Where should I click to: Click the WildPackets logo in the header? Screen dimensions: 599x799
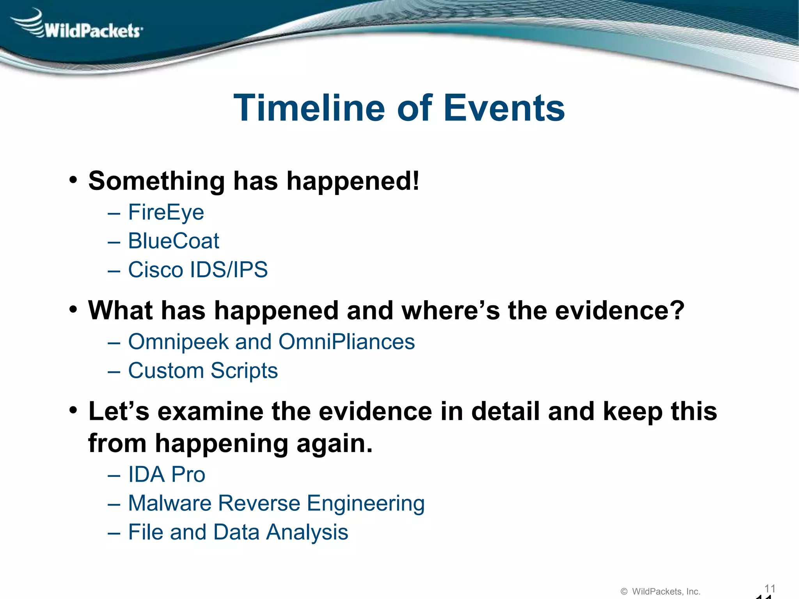[x=78, y=25]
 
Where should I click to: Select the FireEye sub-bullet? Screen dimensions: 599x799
[x=166, y=213]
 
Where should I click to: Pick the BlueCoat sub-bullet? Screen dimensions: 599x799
[x=174, y=241]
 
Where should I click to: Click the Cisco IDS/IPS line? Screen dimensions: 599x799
[x=198, y=270]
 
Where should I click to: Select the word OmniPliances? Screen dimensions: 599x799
[x=346, y=342]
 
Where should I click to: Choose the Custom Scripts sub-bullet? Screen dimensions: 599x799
[x=203, y=371]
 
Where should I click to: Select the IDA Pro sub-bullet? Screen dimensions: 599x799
[x=167, y=475]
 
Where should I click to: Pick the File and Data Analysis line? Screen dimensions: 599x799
[x=238, y=532]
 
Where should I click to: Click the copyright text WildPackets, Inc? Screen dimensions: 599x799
[x=666, y=592]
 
